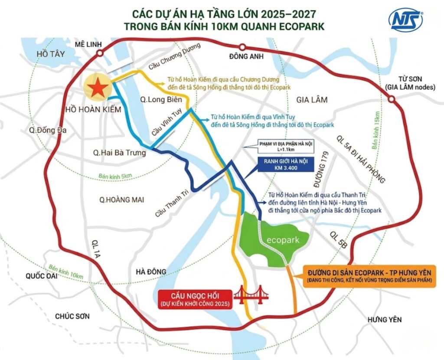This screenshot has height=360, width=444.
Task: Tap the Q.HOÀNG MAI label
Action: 121,200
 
